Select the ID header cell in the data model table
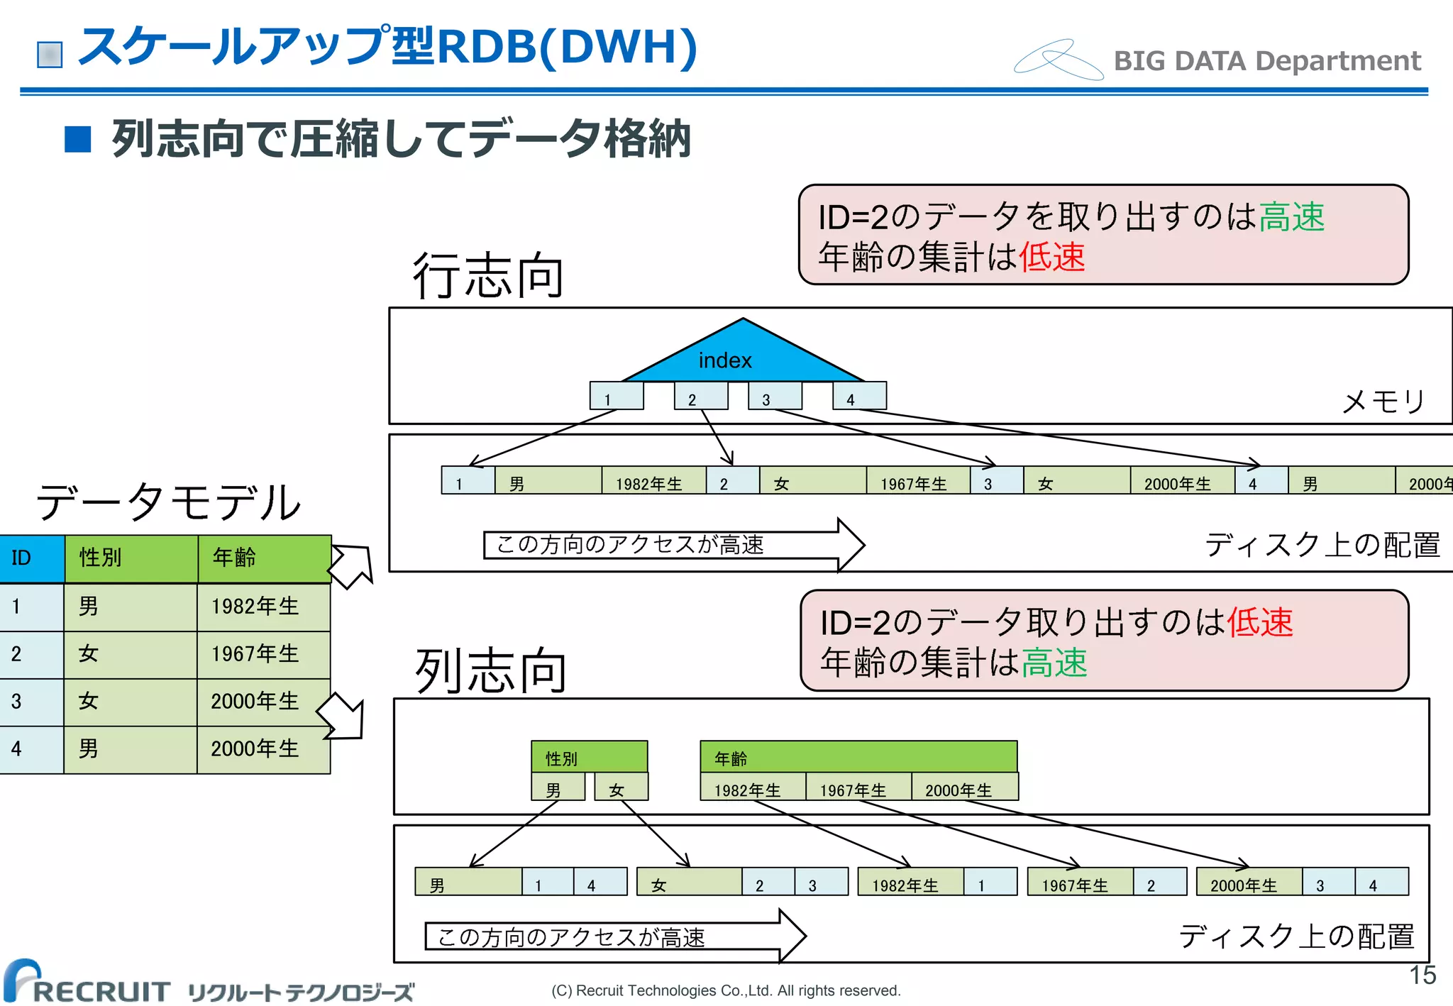pyautogui.click(x=32, y=558)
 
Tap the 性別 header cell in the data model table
pyautogui.click(x=131, y=558)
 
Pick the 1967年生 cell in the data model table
pyautogui.click(x=263, y=654)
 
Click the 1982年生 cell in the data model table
pyautogui.click(x=263, y=607)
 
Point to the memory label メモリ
pyautogui.click(x=1383, y=402)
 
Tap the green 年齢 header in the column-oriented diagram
pyautogui.click(x=858, y=757)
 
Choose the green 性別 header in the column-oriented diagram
pyautogui.click(x=589, y=757)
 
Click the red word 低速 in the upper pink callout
pyautogui.click(x=1051, y=257)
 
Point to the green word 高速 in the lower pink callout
pyautogui.click(x=1054, y=663)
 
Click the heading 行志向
pyautogui.click(x=488, y=276)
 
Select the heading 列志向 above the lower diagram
pyautogui.click(x=490, y=670)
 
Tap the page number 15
pyautogui.click(x=1422, y=975)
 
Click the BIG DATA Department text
pyautogui.click(x=1267, y=61)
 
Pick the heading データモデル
pyautogui.click(x=168, y=502)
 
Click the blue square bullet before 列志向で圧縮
pyautogui.click(x=78, y=139)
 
